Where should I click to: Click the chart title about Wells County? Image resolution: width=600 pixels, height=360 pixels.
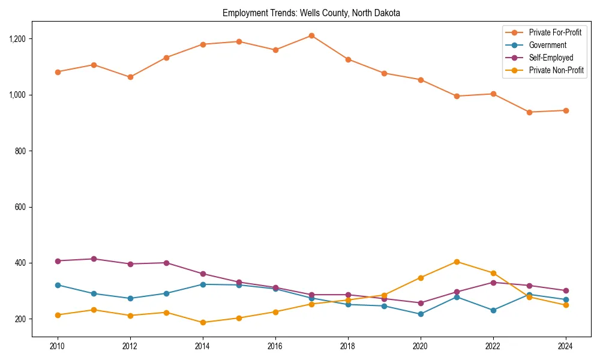click(x=311, y=13)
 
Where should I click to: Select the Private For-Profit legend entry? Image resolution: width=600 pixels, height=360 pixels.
click(x=555, y=32)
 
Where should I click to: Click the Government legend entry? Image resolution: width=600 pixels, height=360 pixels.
click(x=547, y=45)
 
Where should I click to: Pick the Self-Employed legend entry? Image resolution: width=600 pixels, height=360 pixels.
click(x=551, y=58)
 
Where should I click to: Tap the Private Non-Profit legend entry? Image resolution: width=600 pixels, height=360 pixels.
click(x=556, y=71)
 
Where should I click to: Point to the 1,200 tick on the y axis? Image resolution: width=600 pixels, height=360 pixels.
click(x=17, y=39)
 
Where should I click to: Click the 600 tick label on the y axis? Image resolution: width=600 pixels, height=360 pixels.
click(x=21, y=207)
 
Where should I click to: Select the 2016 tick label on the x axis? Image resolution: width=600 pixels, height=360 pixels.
click(x=275, y=346)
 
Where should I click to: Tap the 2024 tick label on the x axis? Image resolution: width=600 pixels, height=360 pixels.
click(x=565, y=346)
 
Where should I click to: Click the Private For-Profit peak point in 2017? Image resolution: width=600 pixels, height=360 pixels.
click(x=311, y=35)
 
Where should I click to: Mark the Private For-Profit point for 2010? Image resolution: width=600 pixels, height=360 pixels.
click(x=58, y=72)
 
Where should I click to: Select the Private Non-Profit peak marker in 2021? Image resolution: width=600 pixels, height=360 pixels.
click(x=457, y=262)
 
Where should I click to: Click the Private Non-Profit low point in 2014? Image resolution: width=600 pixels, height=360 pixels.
click(x=203, y=323)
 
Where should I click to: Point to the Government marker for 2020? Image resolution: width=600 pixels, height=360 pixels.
click(x=421, y=314)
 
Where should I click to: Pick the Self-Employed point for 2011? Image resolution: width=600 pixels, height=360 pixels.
click(x=94, y=259)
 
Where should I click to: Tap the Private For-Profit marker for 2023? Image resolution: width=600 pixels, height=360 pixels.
click(x=529, y=112)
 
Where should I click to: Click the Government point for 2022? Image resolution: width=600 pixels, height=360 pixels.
click(x=493, y=310)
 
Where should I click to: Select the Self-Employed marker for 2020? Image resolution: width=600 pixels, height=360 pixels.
click(x=421, y=303)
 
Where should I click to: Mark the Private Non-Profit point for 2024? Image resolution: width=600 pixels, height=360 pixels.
click(x=565, y=305)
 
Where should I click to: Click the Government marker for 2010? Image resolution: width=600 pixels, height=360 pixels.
click(x=58, y=285)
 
